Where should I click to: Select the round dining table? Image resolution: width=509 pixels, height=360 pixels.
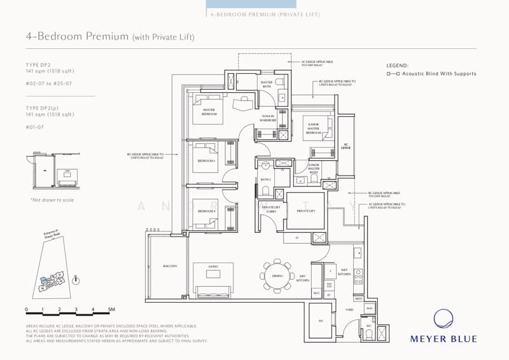click(277, 275)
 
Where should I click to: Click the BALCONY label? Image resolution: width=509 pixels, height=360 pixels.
click(169, 266)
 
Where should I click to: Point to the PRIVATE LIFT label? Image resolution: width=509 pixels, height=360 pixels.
click(301, 211)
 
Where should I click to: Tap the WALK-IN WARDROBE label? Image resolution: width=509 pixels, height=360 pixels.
click(267, 118)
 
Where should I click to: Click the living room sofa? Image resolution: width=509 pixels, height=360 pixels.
click(213, 291)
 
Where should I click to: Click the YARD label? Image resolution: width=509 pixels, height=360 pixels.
click(349, 310)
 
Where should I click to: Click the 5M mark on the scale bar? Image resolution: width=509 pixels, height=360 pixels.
click(111, 309)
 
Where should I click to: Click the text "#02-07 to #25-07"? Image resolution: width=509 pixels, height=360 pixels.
click(47, 83)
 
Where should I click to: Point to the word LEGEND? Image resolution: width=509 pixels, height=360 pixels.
click(397, 66)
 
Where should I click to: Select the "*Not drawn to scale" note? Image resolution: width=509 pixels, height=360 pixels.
click(52, 200)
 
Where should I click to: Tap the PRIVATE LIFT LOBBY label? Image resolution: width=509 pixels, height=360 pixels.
click(269, 209)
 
